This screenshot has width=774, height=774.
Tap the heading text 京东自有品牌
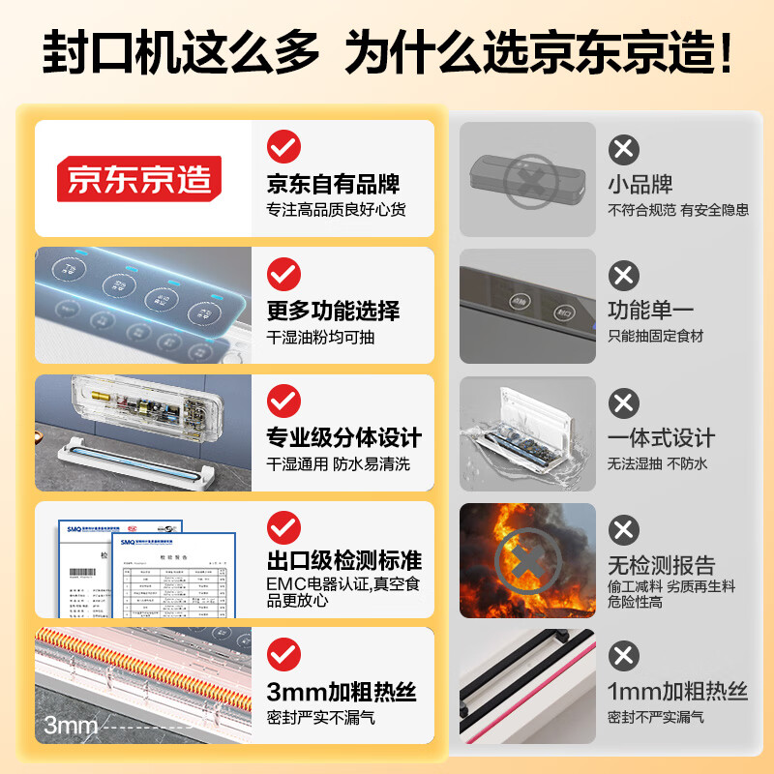(x=333, y=184)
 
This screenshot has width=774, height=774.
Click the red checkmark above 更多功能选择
(x=283, y=274)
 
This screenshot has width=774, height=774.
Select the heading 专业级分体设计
(x=343, y=437)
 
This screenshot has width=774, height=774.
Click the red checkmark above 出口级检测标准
(x=283, y=527)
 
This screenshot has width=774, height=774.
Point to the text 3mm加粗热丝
(x=342, y=692)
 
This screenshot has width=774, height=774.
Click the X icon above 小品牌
(x=624, y=149)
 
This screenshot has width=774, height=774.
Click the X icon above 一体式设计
(x=624, y=402)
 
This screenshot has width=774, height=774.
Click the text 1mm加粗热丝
(x=677, y=692)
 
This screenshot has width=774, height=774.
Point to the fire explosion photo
(x=527, y=558)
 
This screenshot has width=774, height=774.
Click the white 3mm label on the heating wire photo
(x=69, y=726)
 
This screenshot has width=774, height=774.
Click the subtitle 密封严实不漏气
(x=320, y=718)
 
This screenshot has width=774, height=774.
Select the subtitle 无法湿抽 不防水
(x=657, y=463)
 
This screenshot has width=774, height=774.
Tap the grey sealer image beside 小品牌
(x=527, y=180)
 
